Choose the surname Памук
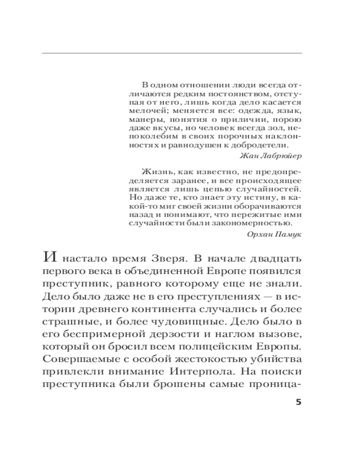pos(287,234)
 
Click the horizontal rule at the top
pos(171,54)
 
